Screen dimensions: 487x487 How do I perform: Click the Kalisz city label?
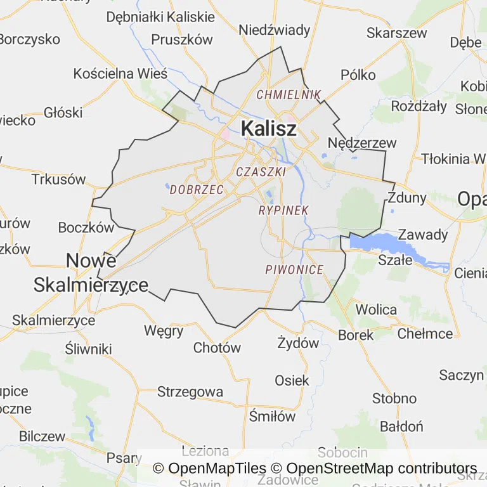[268, 129]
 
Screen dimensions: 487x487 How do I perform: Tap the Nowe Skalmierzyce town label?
[91, 273]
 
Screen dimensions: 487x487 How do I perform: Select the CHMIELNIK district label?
[289, 94]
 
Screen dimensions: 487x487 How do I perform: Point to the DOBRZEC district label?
[197, 190]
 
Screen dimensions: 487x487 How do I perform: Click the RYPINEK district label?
[283, 210]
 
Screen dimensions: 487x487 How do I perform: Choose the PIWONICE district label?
[294, 269]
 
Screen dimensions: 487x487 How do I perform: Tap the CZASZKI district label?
[261, 171]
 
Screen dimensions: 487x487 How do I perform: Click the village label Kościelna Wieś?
[120, 74]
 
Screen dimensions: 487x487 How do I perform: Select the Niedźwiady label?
[275, 30]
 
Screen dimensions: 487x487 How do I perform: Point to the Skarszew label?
[397, 33]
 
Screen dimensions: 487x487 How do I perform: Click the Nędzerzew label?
[362, 143]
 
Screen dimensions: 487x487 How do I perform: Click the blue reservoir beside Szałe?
[380, 243]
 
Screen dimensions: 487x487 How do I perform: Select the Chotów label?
[217, 347]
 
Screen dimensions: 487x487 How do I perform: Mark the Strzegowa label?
[190, 392]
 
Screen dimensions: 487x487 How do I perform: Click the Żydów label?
[298, 343]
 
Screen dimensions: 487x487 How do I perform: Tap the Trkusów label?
[58, 179]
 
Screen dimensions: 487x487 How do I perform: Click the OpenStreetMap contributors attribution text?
[382, 469]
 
